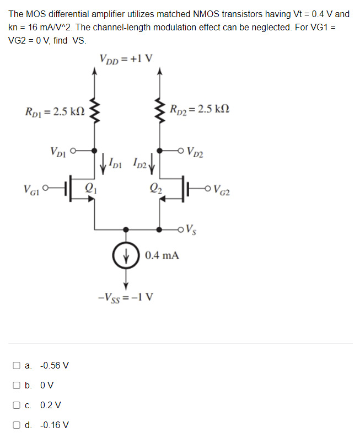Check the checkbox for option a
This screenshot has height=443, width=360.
18,365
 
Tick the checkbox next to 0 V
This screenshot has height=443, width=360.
18,385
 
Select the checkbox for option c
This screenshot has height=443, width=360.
18,405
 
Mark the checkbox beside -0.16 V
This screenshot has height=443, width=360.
18,425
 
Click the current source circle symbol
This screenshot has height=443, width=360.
126,256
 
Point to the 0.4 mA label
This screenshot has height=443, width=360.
162,255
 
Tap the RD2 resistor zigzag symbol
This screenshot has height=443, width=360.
160,110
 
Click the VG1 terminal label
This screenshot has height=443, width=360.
31,191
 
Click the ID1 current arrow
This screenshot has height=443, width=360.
103,163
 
